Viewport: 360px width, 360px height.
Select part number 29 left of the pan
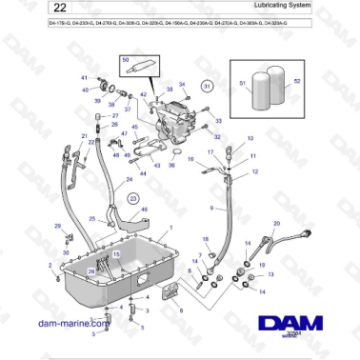[56, 226]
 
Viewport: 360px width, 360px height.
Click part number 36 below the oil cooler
[171, 164]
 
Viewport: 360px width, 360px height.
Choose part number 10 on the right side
[251, 138]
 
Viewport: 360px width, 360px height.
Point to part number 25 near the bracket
[92, 219]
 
